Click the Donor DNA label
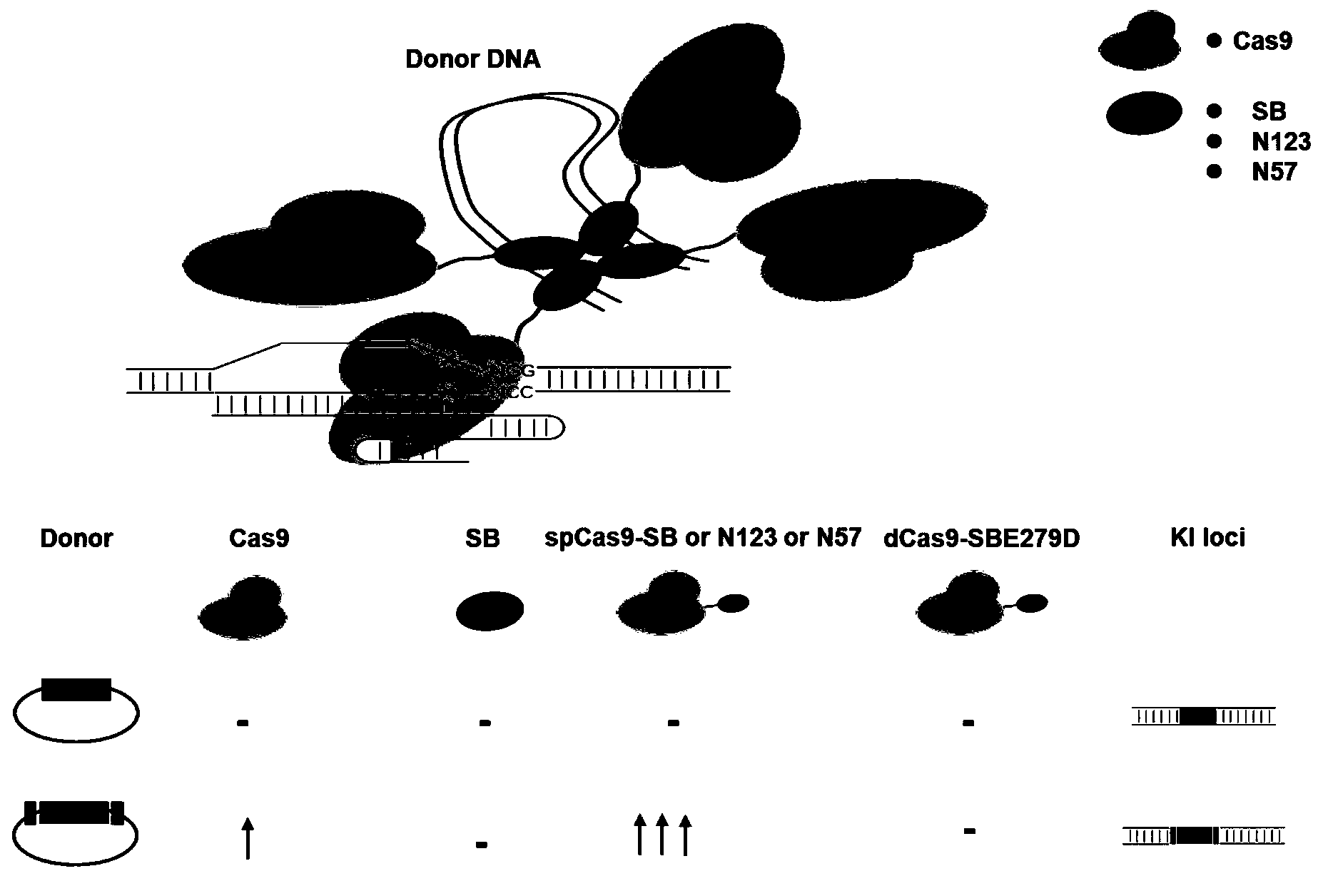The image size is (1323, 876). pyautogui.click(x=472, y=59)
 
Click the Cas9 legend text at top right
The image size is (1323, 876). pyautogui.click(x=1262, y=41)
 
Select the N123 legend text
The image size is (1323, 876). pyautogui.click(x=1281, y=143)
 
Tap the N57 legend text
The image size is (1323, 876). pyautogui.click(x=1274, y=173)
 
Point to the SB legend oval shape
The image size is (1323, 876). pyautogui.click(x=1143, y=113)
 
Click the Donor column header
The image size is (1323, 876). pyautogui.click(x=76, y=538)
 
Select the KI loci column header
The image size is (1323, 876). pyautogui.click(x=1208, y=538)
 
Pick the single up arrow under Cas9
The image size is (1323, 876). pyautogui.click(x=248, y=837)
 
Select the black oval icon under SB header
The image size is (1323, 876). pyautogui.click(x=490, y=611)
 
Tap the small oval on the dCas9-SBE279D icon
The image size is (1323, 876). pyautogui.click(x=1030, y=604)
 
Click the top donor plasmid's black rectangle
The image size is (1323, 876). pyautogui.click(x=76, y=690)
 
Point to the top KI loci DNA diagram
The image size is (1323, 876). pyautogui.click(x=1203, y=715)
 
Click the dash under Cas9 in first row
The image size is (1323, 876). pyautogui.click(x=243, y=723)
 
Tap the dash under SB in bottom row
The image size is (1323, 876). pyautogui.click(x=482, y=845)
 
